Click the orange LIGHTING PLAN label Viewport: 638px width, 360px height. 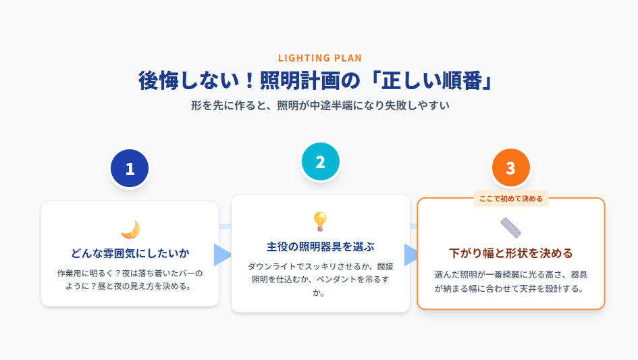coord(319,58)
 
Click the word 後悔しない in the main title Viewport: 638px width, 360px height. coord(182,80)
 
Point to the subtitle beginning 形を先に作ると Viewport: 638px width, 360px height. coord(319,106)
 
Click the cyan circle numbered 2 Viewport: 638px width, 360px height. coord(320,162)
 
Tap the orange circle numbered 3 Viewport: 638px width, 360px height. coord(510,168)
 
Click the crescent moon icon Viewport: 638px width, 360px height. coord(130,230)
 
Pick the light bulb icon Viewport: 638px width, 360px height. coord(320,222)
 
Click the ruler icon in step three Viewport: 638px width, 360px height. coord(511,228)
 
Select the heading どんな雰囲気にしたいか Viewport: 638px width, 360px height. coord(130,253)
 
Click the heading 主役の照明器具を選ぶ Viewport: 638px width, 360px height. coord(320,246)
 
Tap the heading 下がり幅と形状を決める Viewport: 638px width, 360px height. coord(511,253)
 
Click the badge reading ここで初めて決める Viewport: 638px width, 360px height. coord(510,199)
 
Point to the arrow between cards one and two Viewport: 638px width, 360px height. coord(221,255)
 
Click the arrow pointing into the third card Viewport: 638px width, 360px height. coord(411,255)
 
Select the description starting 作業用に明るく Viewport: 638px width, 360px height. coord(130,280)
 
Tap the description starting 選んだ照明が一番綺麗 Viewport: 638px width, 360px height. coord(511,281)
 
